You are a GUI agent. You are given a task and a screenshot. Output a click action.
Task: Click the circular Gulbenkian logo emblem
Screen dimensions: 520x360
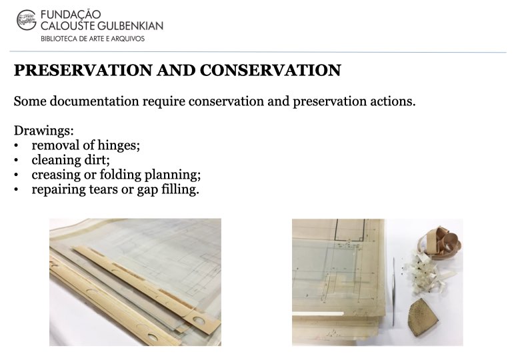pyautogui.click(x=26, y=20)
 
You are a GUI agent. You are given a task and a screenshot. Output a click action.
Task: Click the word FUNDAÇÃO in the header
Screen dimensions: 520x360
pyautogui.click(x=71, y=15)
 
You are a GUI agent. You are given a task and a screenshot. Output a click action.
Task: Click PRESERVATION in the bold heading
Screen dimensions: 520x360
pyautogui.click(x=83, y=70)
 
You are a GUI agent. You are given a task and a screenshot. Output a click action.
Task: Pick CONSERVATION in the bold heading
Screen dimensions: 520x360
pyautogui.click(x=270, y=70)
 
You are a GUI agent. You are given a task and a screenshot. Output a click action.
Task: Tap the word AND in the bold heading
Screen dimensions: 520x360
pyautogui.click(x=176, y=70)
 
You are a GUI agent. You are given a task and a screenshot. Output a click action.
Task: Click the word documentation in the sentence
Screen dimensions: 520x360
pyautogui.click(x=94, y=101)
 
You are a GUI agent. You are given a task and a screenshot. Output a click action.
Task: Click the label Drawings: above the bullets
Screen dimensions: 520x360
pyautogui.click(x=44, y=131)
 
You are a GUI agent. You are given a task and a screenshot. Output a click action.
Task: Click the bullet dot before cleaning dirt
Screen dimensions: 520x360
pyautogui.click(x=16, y=161)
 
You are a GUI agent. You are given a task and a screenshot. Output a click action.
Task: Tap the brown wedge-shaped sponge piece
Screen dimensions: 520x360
pyautogui.click(x=423, y=317)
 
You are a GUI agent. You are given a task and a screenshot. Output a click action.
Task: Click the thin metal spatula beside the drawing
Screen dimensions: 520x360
pyautogui.click(x=393, y=291)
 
